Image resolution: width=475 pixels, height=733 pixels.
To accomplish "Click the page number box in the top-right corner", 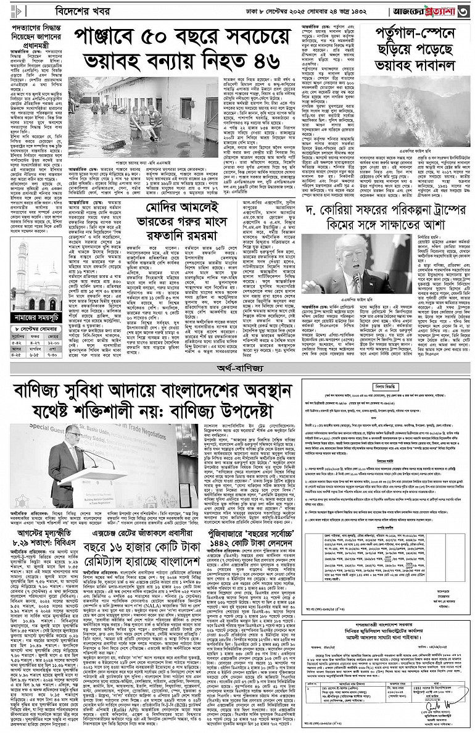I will [x=467, y=11].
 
